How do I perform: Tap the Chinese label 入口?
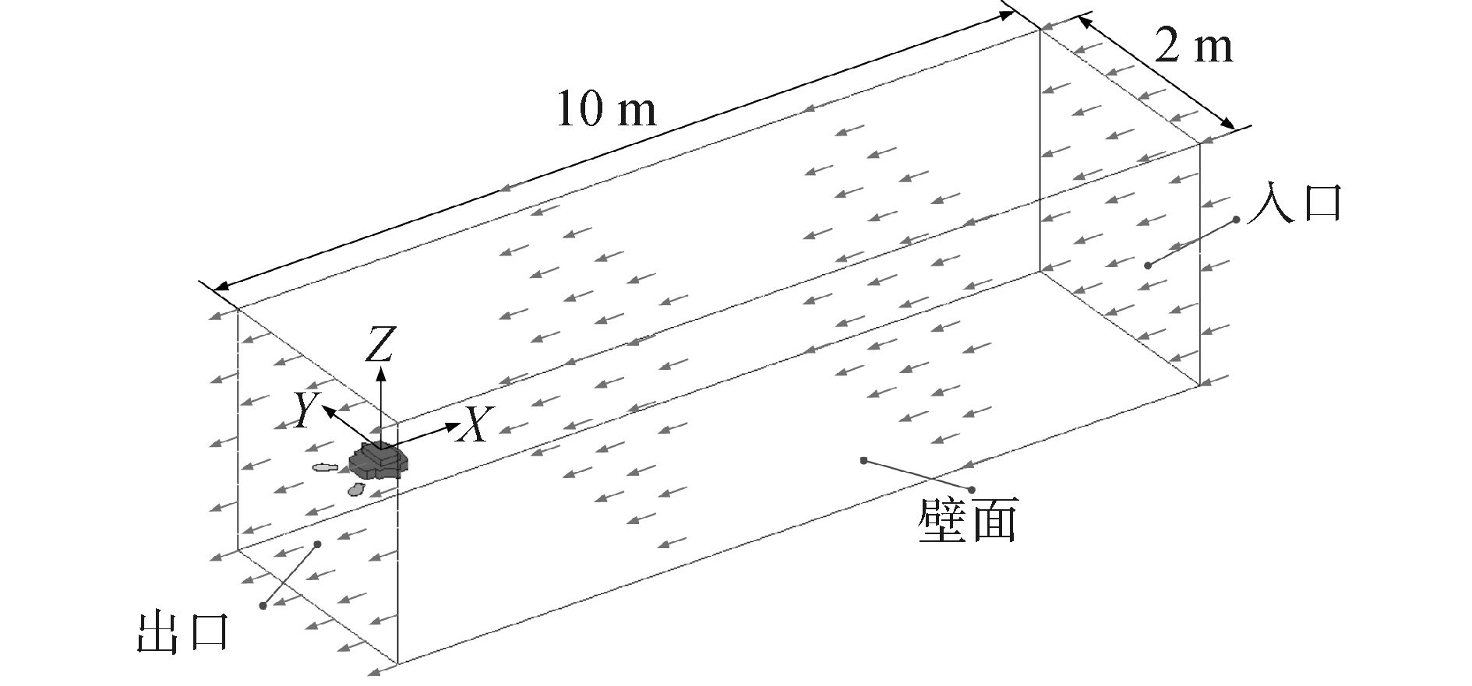point(1294,204)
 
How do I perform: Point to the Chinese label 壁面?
point(967,521)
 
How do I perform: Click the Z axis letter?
point(379,346)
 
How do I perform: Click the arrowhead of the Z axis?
point(381,371)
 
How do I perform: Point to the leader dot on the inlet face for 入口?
point(1147,266)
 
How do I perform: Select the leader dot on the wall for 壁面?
point(863,460)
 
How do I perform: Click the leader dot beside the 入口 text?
point(1237,220)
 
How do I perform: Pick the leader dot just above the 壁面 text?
point(972,490)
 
